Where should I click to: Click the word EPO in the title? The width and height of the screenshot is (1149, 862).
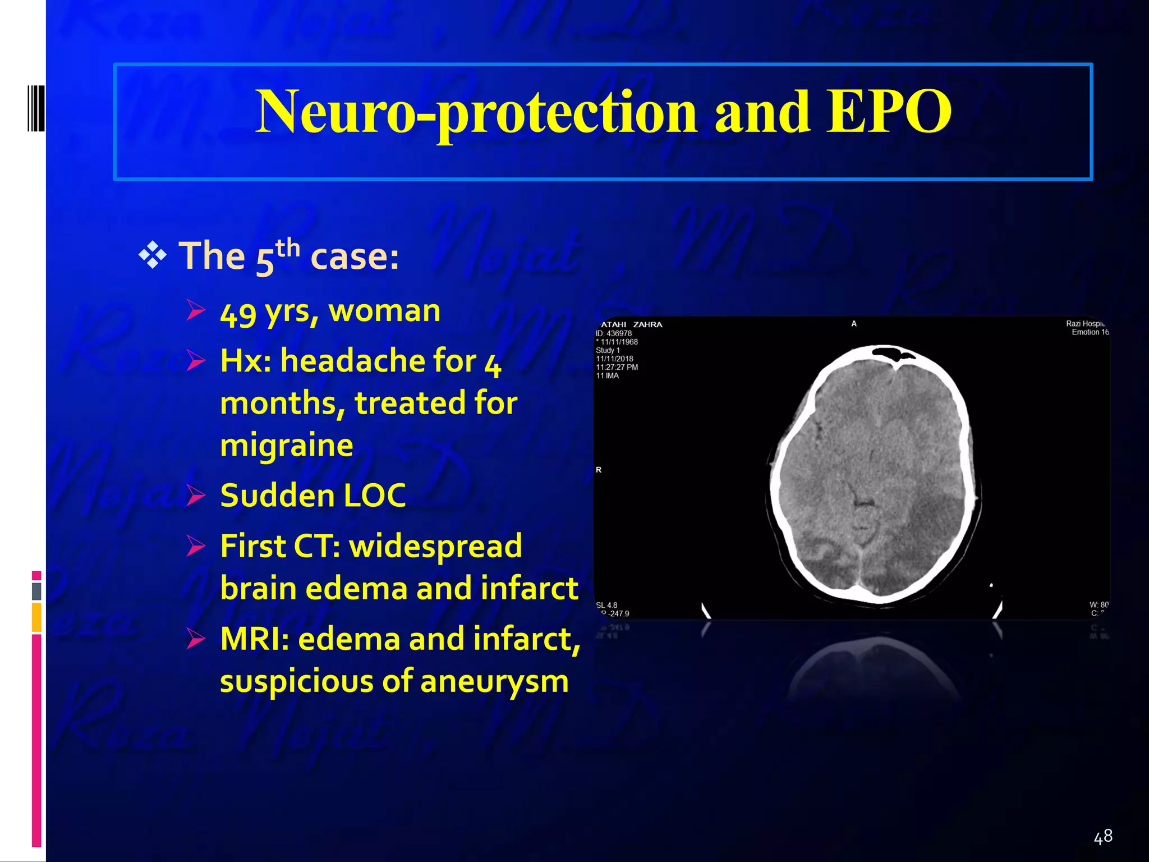click(889, 112)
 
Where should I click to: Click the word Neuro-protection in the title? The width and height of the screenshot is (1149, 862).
click(476, 112)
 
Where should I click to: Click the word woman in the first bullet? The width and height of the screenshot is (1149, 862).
click(384, 310)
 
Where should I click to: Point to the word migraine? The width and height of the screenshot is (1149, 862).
click(287, 445)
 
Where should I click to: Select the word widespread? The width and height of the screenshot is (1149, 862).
click(435, 546)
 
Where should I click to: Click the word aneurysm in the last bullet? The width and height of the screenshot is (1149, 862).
click(494, 681)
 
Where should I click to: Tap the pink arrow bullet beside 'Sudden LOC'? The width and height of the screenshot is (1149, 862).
click(196, 496)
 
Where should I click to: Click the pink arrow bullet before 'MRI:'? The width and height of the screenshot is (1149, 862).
click(196, 639)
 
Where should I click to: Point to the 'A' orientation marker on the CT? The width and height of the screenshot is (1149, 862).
click(854, 324)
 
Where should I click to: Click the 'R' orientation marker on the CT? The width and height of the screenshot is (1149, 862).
click(599, 470)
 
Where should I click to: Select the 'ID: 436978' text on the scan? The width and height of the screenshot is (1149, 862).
click(614, 333)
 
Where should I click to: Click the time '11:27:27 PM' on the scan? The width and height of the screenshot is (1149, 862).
click(617, 367)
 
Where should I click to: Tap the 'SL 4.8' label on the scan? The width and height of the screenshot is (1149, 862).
click(606, 605)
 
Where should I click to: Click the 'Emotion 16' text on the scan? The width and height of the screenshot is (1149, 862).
click(1090, 332)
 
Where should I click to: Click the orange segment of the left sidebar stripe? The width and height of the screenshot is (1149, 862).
click(36, 617)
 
